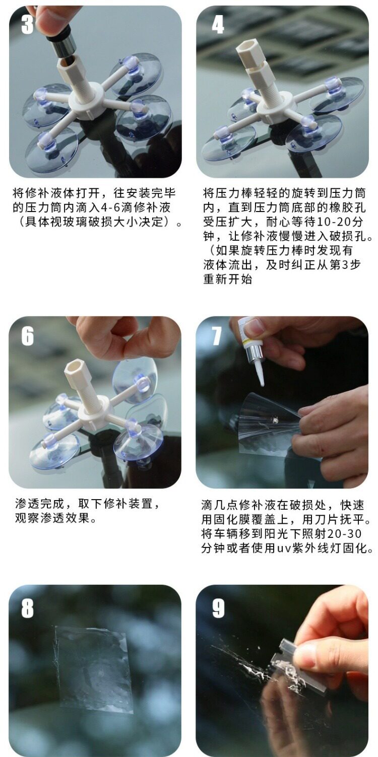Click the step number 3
tap(27, 24)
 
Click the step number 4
tap(218, 24)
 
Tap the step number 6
tap(27, 336)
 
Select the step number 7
tap(217, 336)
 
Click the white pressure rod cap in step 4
tap(249, 52)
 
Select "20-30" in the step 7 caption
tap(345, 534)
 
